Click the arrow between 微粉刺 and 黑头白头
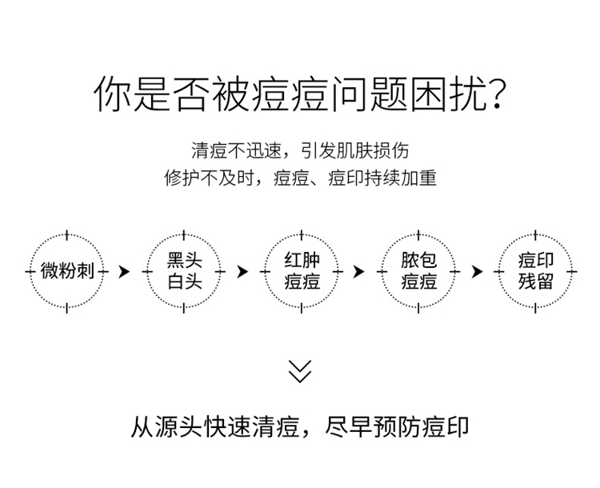coord(125,272)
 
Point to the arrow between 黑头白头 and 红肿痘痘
coord(243,272)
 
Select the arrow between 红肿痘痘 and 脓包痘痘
coord(360,272)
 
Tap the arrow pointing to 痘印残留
coord(477,272)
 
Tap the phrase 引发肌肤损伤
coord(354,150)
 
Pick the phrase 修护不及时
coord(210,178)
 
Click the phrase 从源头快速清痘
coord(214,426)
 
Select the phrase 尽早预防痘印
coord(397,426)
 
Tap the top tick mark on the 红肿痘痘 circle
coord(302,235)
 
